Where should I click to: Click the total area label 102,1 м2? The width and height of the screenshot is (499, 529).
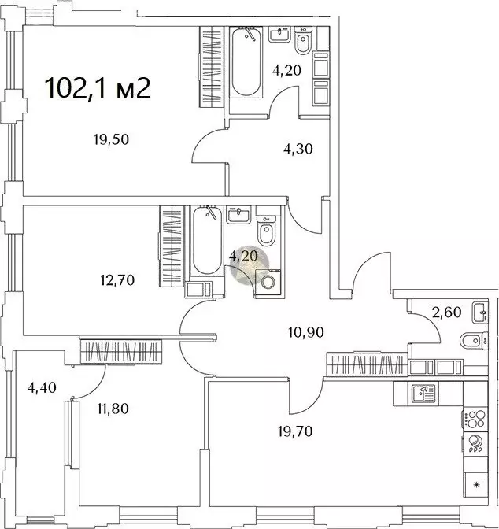point(98,87)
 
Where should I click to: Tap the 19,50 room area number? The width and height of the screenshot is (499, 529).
point(111,139)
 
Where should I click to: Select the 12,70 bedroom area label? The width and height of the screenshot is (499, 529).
point(117,279)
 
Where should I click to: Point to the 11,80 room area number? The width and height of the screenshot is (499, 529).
point(113,409)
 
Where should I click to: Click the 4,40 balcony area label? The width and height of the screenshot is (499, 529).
point(42,387)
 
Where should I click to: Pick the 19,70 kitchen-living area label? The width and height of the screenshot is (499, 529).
point(296,431)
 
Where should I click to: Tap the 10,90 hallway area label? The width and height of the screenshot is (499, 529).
point(306,332)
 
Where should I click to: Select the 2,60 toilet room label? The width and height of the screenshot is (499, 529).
point(446,312)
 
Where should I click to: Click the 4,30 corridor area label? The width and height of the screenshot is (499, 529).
point(298,149)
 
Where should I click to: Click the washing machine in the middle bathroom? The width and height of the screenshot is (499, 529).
point(268,283)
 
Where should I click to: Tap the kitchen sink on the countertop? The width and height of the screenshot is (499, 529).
point(423,394)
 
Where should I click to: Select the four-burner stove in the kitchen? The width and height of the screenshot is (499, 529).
point(475,419)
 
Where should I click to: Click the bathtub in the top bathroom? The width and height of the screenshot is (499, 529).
point(246,62)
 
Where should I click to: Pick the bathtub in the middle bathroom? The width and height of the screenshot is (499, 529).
point(206,241)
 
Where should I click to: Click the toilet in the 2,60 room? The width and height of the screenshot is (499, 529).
point(474,341)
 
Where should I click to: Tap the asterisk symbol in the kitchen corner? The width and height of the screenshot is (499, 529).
point(476,485)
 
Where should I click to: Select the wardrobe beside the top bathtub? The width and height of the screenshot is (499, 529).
point(211,67)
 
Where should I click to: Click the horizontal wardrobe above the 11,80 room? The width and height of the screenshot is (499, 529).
point(120,352)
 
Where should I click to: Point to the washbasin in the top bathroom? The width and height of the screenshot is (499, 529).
point(279,34)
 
